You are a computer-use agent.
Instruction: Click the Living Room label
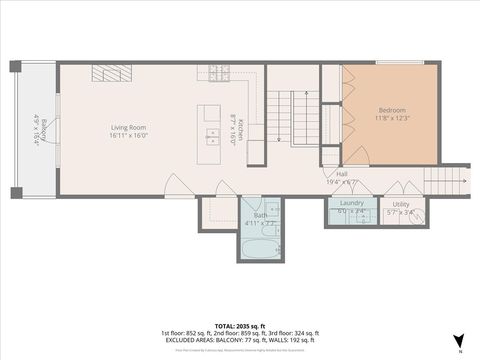129,127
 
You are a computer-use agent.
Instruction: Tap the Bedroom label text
392,109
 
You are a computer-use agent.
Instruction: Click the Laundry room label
351,203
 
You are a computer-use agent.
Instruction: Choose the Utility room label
400,203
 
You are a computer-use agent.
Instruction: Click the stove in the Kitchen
213,73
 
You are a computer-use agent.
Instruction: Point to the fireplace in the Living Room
111,73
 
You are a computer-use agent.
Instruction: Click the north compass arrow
459,341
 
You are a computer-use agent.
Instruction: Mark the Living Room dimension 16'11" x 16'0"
129,135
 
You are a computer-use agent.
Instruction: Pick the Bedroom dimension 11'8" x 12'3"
392,117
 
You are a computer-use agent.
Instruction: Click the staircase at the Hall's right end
445,181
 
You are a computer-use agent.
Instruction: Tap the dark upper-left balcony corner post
15,66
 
